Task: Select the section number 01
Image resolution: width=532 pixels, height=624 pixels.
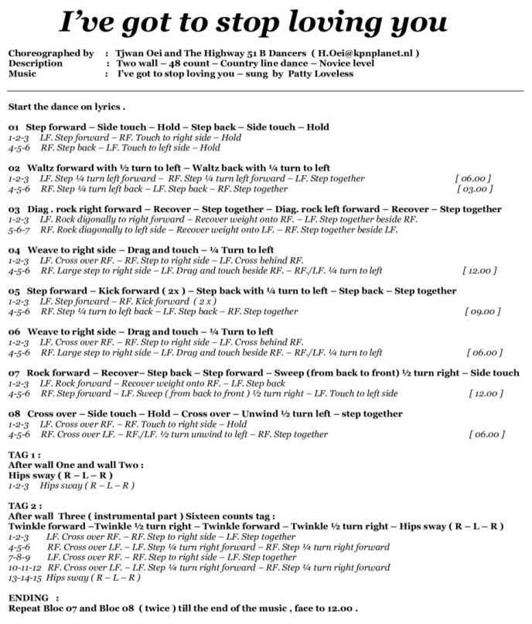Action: click(14, 127)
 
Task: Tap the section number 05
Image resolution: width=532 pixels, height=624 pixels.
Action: click(14, 290)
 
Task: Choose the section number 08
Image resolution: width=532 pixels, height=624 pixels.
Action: click(14, 414)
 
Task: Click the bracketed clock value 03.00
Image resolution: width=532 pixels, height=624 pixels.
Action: click(473, 188)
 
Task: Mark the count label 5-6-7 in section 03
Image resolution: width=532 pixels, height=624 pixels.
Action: click(19, 229)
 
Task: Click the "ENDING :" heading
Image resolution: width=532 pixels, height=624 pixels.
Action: click(32, 598)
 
